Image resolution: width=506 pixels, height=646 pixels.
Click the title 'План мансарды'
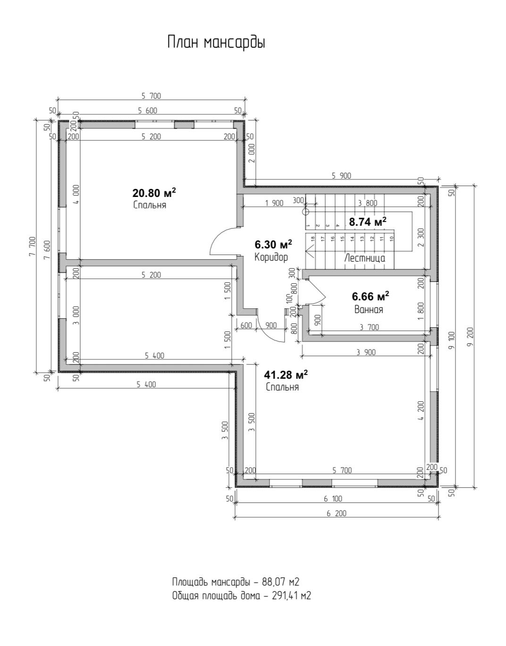(x=216, y=42)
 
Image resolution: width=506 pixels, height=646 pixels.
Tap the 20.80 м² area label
(x=154, y=193)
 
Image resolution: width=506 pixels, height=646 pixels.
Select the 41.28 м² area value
(x=286, y=375)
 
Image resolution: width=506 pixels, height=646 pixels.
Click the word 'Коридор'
(x=271, y=257)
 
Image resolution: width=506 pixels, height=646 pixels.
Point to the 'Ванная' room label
(x=369, y=309)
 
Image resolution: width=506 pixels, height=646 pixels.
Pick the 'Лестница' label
(x=364, y=258)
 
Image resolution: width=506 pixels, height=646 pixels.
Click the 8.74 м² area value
(x=368, y=221)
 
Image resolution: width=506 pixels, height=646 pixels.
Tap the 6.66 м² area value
(x=371, y=296)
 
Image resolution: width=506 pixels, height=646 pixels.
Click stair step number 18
(x=312, y=238)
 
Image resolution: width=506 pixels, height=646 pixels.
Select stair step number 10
(x=392, y=238)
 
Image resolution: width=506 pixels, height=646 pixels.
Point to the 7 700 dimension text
(x=33, y=246)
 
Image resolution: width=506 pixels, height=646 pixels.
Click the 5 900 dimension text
(x=341, y=176)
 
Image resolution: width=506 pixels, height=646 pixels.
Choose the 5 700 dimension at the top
(x=151, y=96)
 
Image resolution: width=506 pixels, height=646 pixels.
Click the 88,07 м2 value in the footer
(x=280, y=581)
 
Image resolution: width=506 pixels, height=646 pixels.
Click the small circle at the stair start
(x=306, y=212)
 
